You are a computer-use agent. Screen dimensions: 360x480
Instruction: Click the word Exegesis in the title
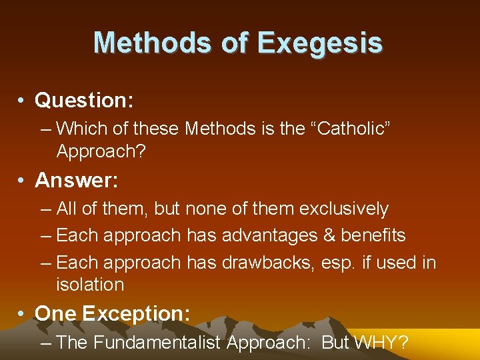click(319, 43)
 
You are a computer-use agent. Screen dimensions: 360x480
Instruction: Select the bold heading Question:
click(85, 101)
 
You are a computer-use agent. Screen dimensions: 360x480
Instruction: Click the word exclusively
click(343, 209)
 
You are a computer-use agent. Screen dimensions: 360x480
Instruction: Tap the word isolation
click(90, 285)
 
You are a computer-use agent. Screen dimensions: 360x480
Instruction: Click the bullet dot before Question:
click(23, 101)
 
